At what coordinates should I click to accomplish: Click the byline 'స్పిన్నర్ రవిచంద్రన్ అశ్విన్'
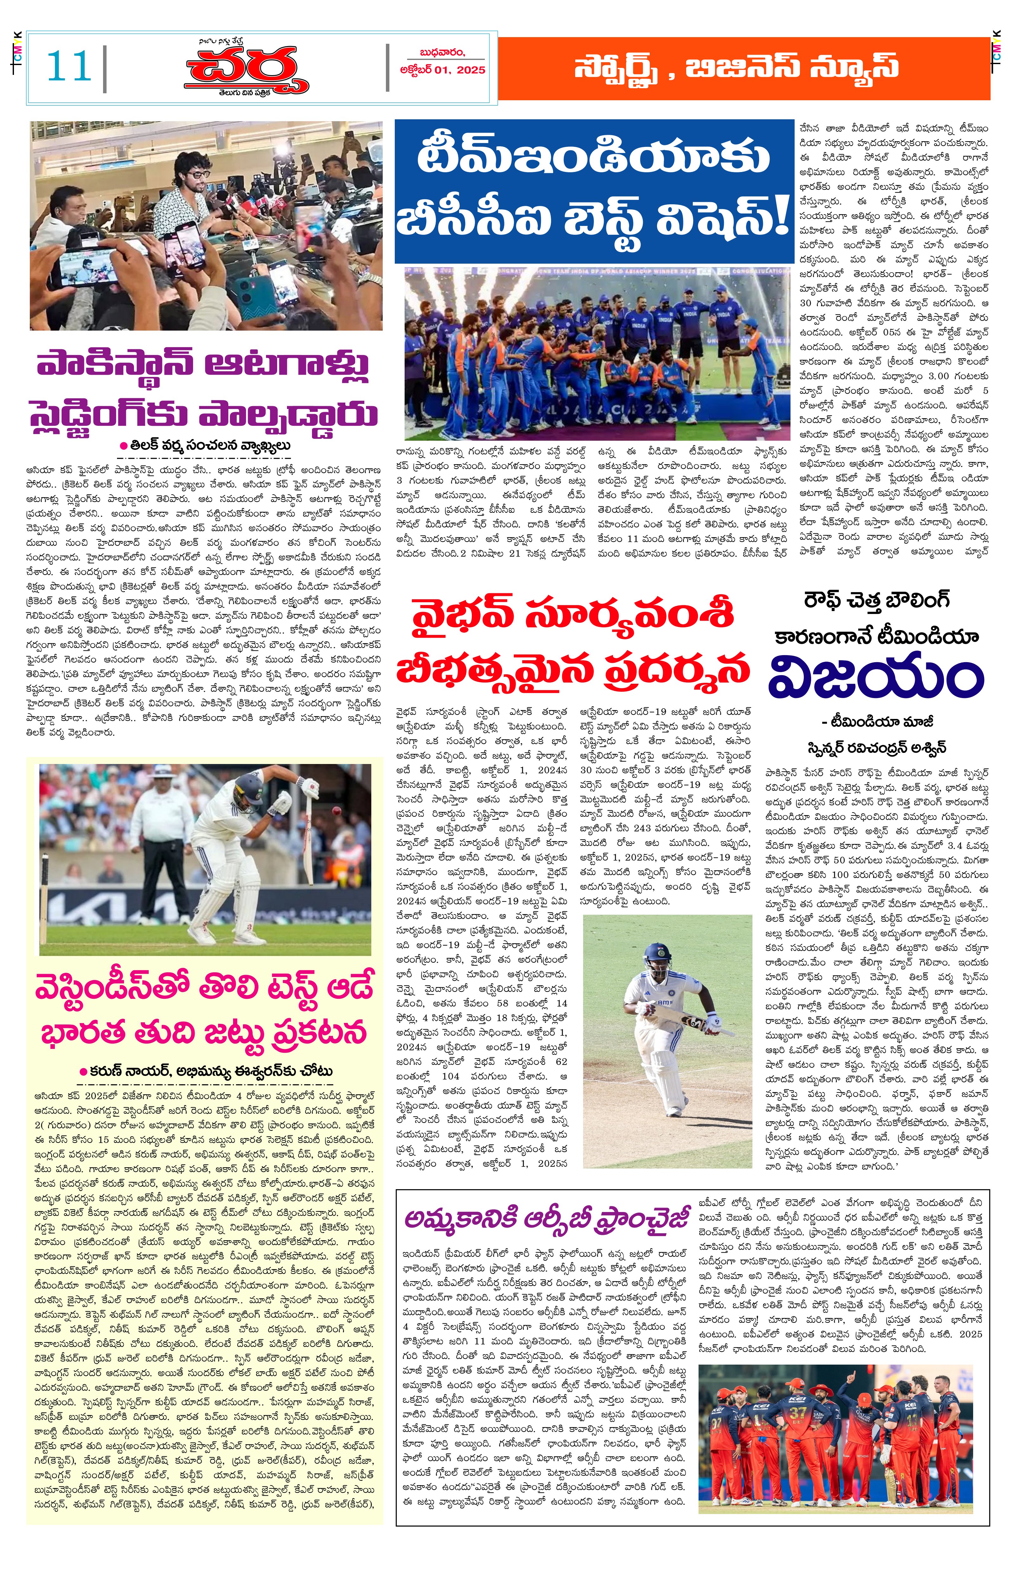coord(876,748)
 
